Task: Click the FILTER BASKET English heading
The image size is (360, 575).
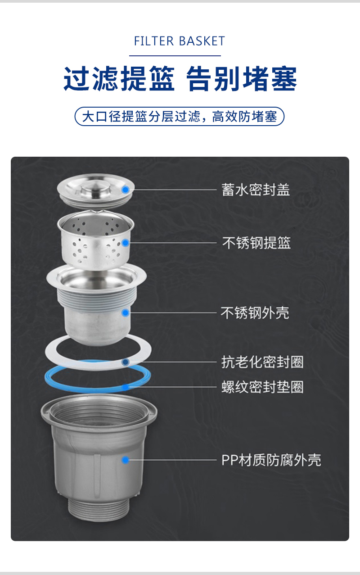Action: point(180,41)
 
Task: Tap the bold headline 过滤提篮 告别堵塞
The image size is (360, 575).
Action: point(180,78)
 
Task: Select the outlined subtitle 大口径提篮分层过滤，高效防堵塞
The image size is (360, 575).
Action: point(180,117)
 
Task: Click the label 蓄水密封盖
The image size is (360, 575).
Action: point(256,190)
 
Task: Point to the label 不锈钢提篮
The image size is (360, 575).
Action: point(256,243)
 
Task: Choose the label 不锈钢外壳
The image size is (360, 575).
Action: point(255,313)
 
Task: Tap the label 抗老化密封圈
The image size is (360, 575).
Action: point(262,362)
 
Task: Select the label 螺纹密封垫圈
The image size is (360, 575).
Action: point(262,387)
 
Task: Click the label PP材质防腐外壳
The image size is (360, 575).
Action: point(271,460)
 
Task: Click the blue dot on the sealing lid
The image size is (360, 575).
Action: point(125,190)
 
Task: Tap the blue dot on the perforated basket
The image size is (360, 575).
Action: point(125,243)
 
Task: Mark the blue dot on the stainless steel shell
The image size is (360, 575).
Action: point(125,312)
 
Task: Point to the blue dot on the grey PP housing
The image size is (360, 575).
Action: point(125,460)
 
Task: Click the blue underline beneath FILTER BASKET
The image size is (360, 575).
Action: point(175,55)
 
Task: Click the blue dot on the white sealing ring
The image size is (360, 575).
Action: point(125,362)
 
